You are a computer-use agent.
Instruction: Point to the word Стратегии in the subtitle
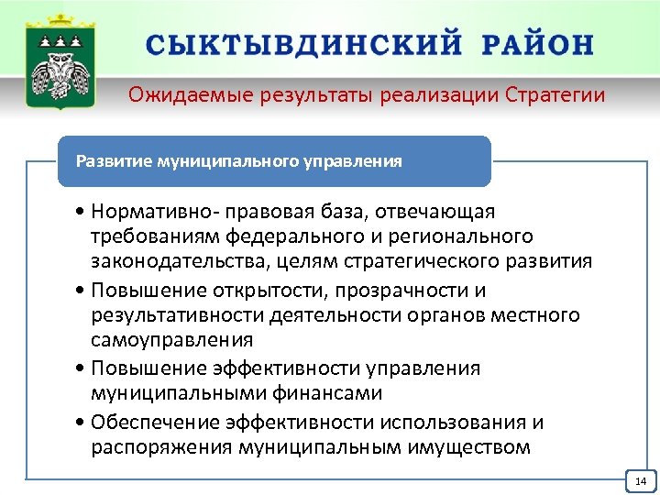point(556,95)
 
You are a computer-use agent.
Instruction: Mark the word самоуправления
point(171,340)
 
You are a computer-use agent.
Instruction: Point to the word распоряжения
point(161,447)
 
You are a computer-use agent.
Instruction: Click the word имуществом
point(456,447)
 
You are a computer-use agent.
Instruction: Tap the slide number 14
point(640,481)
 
